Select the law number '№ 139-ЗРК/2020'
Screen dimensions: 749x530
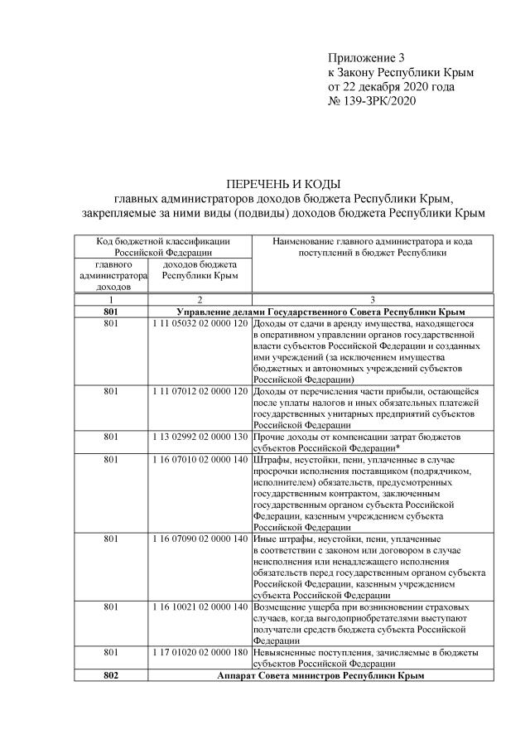(x=372, y=100)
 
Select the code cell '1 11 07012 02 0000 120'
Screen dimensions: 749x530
(x=200, y=390)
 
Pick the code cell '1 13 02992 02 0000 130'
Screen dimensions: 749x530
(x=200, y=436)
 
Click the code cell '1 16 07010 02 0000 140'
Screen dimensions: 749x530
(x=200, y=459)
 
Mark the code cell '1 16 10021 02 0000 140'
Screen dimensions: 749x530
(x=200, y=607)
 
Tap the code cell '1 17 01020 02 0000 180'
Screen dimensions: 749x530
(x=200, y=652)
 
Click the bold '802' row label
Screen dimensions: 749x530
(x=112, y=675)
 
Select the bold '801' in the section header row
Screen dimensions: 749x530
(x=112, y=311)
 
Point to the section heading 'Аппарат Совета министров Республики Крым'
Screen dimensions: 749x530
(x=320, y=675)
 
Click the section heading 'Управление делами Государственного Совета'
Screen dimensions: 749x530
(x=320, y=311)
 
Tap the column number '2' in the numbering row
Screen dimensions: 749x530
(x=200, y=298)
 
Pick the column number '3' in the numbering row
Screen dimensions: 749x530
(x=373, y=298)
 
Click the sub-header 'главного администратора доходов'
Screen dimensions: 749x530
(x=112, y=275)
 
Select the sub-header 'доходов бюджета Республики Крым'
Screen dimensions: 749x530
(x=200, y=269)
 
